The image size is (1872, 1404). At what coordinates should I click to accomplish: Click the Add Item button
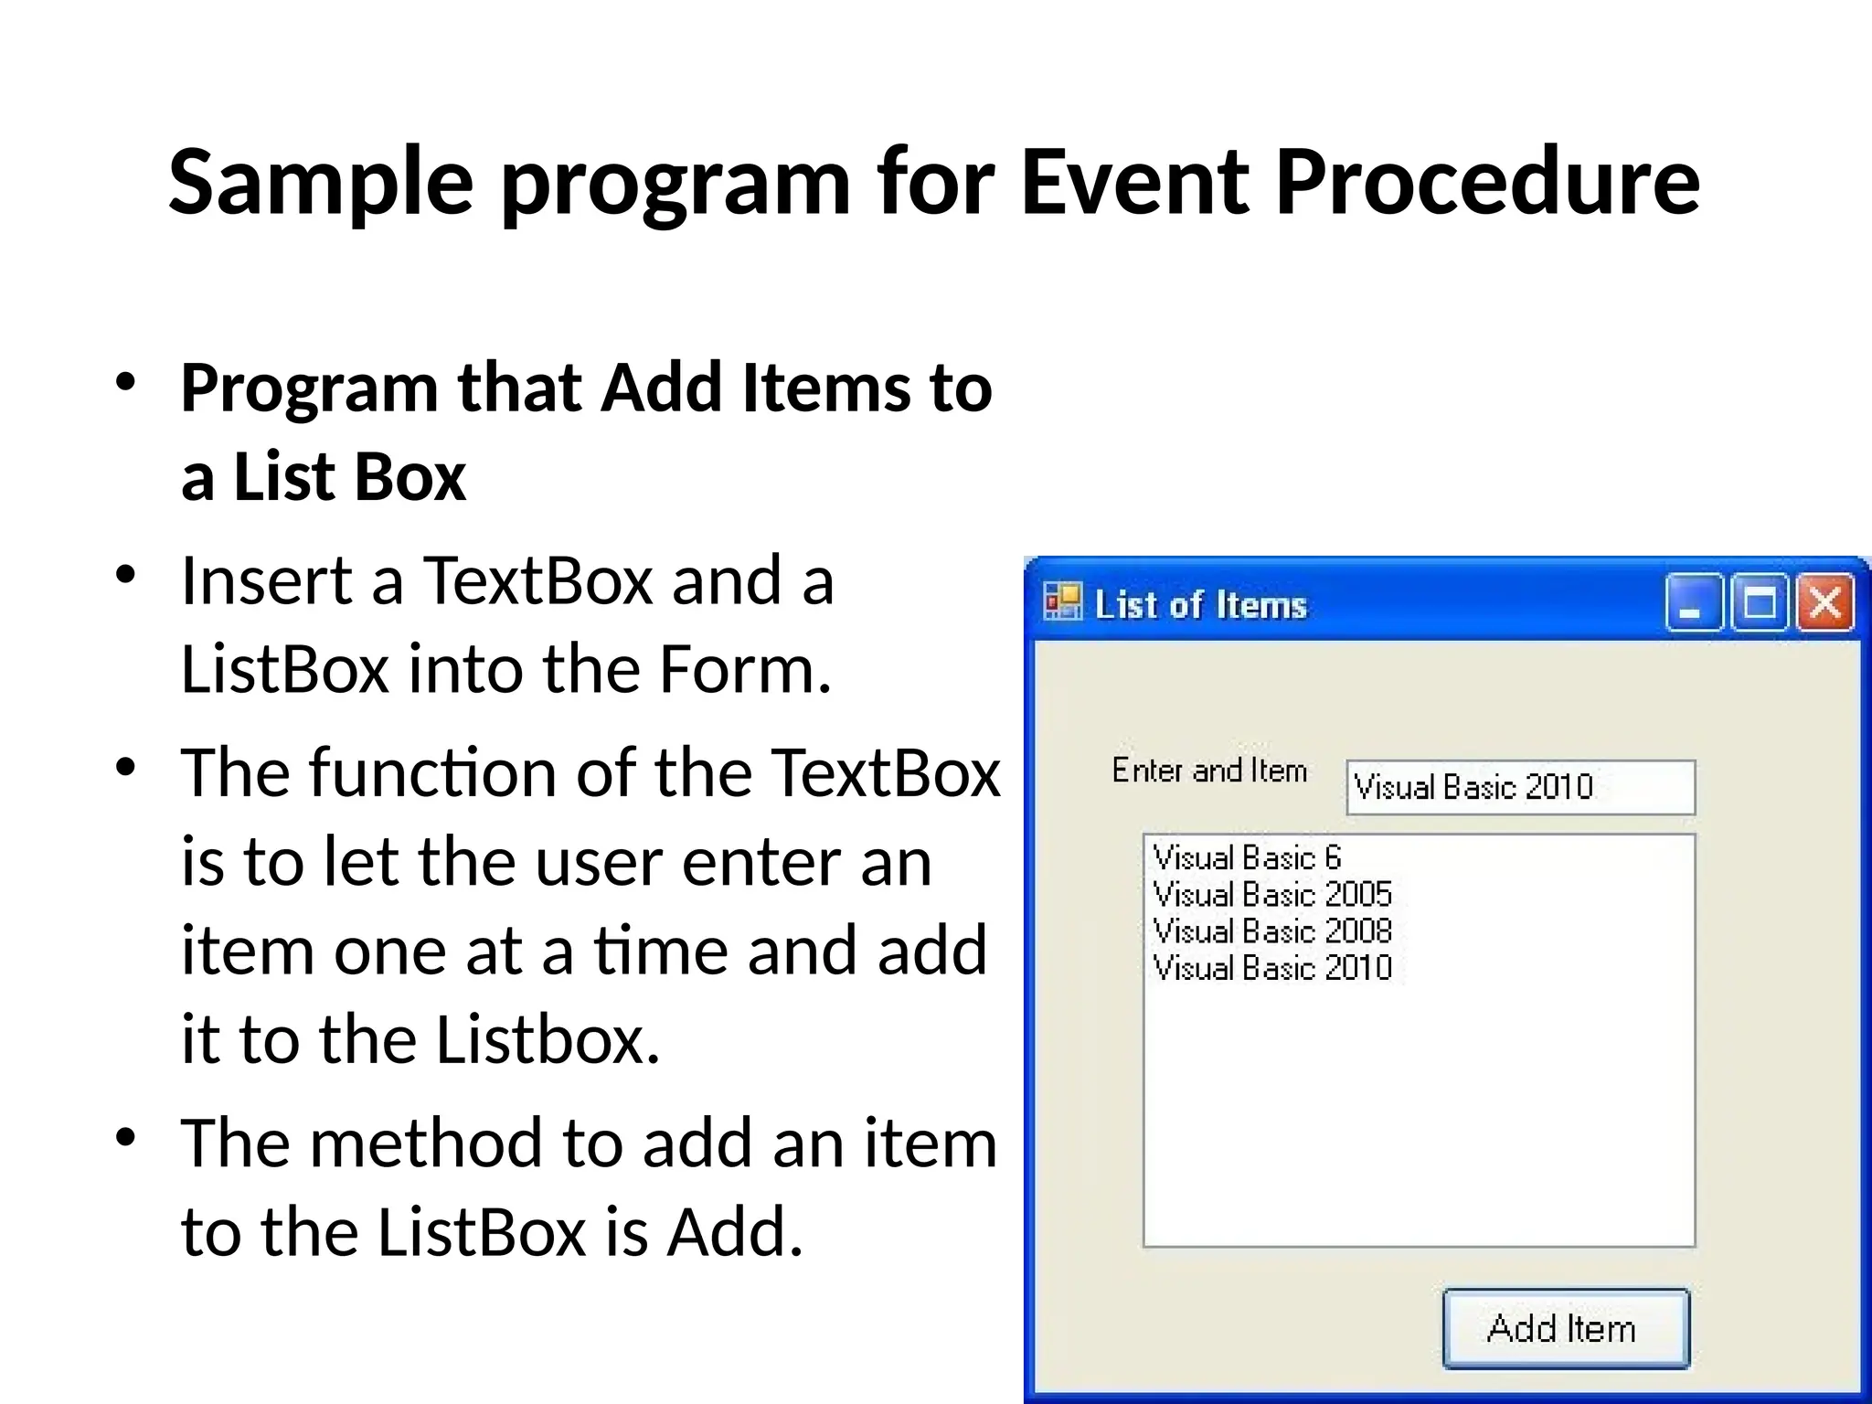[x=1565, y=1328]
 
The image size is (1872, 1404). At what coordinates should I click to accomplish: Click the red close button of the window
[x=1825, y=603]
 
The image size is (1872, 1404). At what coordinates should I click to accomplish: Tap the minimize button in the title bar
[x=1693, y=603]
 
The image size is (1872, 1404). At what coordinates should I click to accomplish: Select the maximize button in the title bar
[x=1760, y=603]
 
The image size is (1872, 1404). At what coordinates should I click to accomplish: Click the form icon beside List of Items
[x=1062, y=602]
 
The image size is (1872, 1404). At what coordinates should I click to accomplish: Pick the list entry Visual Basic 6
[x=1247, y=858]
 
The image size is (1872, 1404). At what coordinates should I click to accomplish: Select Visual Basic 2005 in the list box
[x=1272, y=895]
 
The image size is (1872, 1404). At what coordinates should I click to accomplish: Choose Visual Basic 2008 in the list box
[x=1272, y=931]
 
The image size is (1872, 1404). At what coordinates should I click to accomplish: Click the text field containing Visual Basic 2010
[x=1519, y=787]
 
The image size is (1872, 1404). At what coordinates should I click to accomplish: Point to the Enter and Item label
[x=1209, y=771]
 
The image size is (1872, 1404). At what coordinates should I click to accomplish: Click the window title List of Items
[x=1201, y=605]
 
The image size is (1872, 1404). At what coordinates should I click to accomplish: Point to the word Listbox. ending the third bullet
[x=547, y=1040]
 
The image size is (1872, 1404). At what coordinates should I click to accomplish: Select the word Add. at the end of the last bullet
[x=735, y=1232]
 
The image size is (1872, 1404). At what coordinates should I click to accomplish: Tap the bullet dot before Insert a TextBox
[x=126, y=576]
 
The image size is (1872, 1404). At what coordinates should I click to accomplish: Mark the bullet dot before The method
[x=126, y=1138]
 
